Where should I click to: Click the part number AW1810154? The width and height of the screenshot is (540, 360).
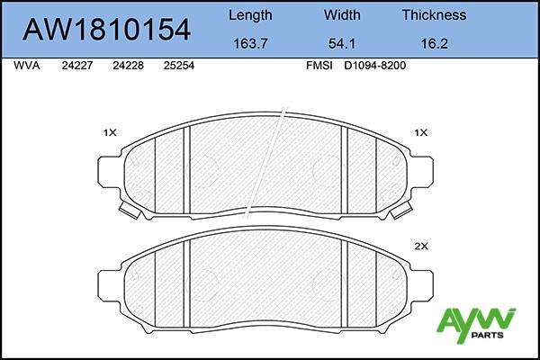[106, 30]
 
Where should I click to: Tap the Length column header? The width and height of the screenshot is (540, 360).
[250, 15]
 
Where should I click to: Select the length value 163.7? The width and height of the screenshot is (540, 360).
[250, 44]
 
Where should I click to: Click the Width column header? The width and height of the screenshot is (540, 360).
[342, 15]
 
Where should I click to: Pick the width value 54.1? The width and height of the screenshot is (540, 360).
[342, 44]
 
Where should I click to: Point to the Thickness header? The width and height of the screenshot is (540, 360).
[435, 15]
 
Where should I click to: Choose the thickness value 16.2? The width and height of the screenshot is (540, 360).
[435, 44]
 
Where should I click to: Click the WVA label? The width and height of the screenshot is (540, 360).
[26, 66]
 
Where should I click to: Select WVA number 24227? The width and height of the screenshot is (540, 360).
[77, 66]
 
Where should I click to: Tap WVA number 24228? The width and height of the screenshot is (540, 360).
[128, 66]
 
